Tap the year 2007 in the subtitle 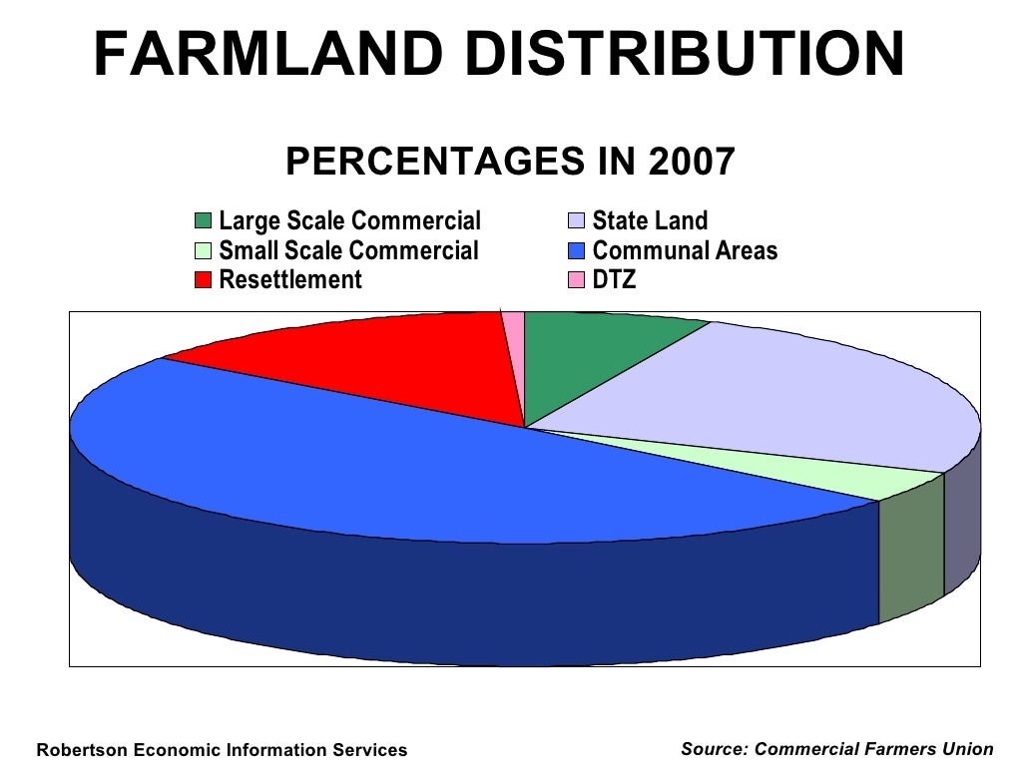click(x=692, y=161)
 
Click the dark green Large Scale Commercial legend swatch click(x=204, y=220)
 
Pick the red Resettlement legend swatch click(x=204, y=280)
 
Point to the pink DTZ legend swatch click(x=576, y=280)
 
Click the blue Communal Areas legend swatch click(x=576, y=250)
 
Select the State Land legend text click(x=650, y=220)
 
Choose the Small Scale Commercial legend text click(x=348, y=250)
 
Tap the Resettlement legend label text click(x=290, y=280)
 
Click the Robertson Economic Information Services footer click(x=222, y=750)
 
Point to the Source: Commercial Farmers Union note click(x=836, y=749)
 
